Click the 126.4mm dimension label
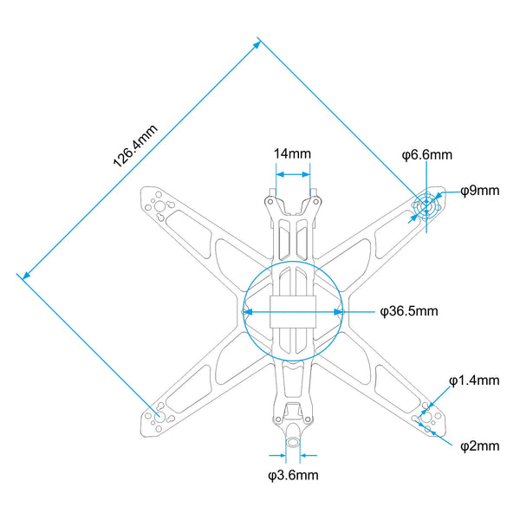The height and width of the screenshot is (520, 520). pyautogui.click(x=135, y=146)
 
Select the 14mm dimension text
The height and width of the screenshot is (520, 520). pyautogui.click(x=292, y=154)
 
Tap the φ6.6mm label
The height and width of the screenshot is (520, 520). pyautogui.click(x=427, y=155)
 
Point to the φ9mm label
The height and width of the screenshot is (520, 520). pyautogui.click(x=480, y=191)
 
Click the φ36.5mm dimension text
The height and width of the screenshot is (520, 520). pyautogui.click(x=409, y=311)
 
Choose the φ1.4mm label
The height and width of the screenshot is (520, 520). pyautogui.click(x=474, y=380)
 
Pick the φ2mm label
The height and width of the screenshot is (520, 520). pyautogui.click(x=480, y=446)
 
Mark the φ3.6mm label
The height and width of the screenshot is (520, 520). pyautogui.click(x=293, y=475)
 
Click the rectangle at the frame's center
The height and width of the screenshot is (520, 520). pyautogui.click(x=293, y=312)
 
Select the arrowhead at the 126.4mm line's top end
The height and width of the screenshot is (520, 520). pyautogui.click(x=257, y=45)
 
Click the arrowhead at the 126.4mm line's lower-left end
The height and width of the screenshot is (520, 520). pyautogui.click(x=26, y=275)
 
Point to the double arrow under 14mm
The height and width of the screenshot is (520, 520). pyautogui.click(x=293, y=174)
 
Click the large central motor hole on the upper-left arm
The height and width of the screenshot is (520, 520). pyautogui.click(x=159, y=206)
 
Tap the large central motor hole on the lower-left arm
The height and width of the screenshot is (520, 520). pyautogui.click(x=159, y=417)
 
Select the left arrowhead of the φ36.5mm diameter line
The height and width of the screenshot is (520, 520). pyautogui.click(x=248, y=312)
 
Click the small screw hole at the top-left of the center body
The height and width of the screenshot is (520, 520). pyautogui.click(x=270, y=201)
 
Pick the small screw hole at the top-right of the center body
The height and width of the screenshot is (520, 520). pyautogui.click(x=315, y=201)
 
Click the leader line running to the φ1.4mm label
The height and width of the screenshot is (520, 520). pyautogui.click(x=441, y=395)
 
